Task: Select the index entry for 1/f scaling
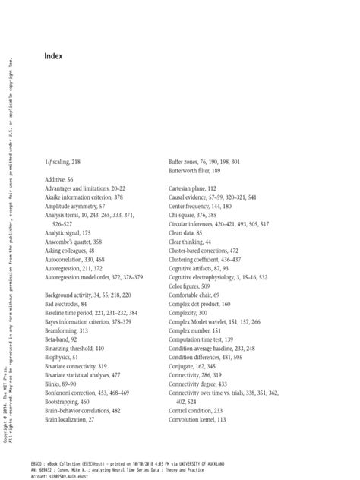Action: coord(63,163)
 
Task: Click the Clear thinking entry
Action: coord(188,242)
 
